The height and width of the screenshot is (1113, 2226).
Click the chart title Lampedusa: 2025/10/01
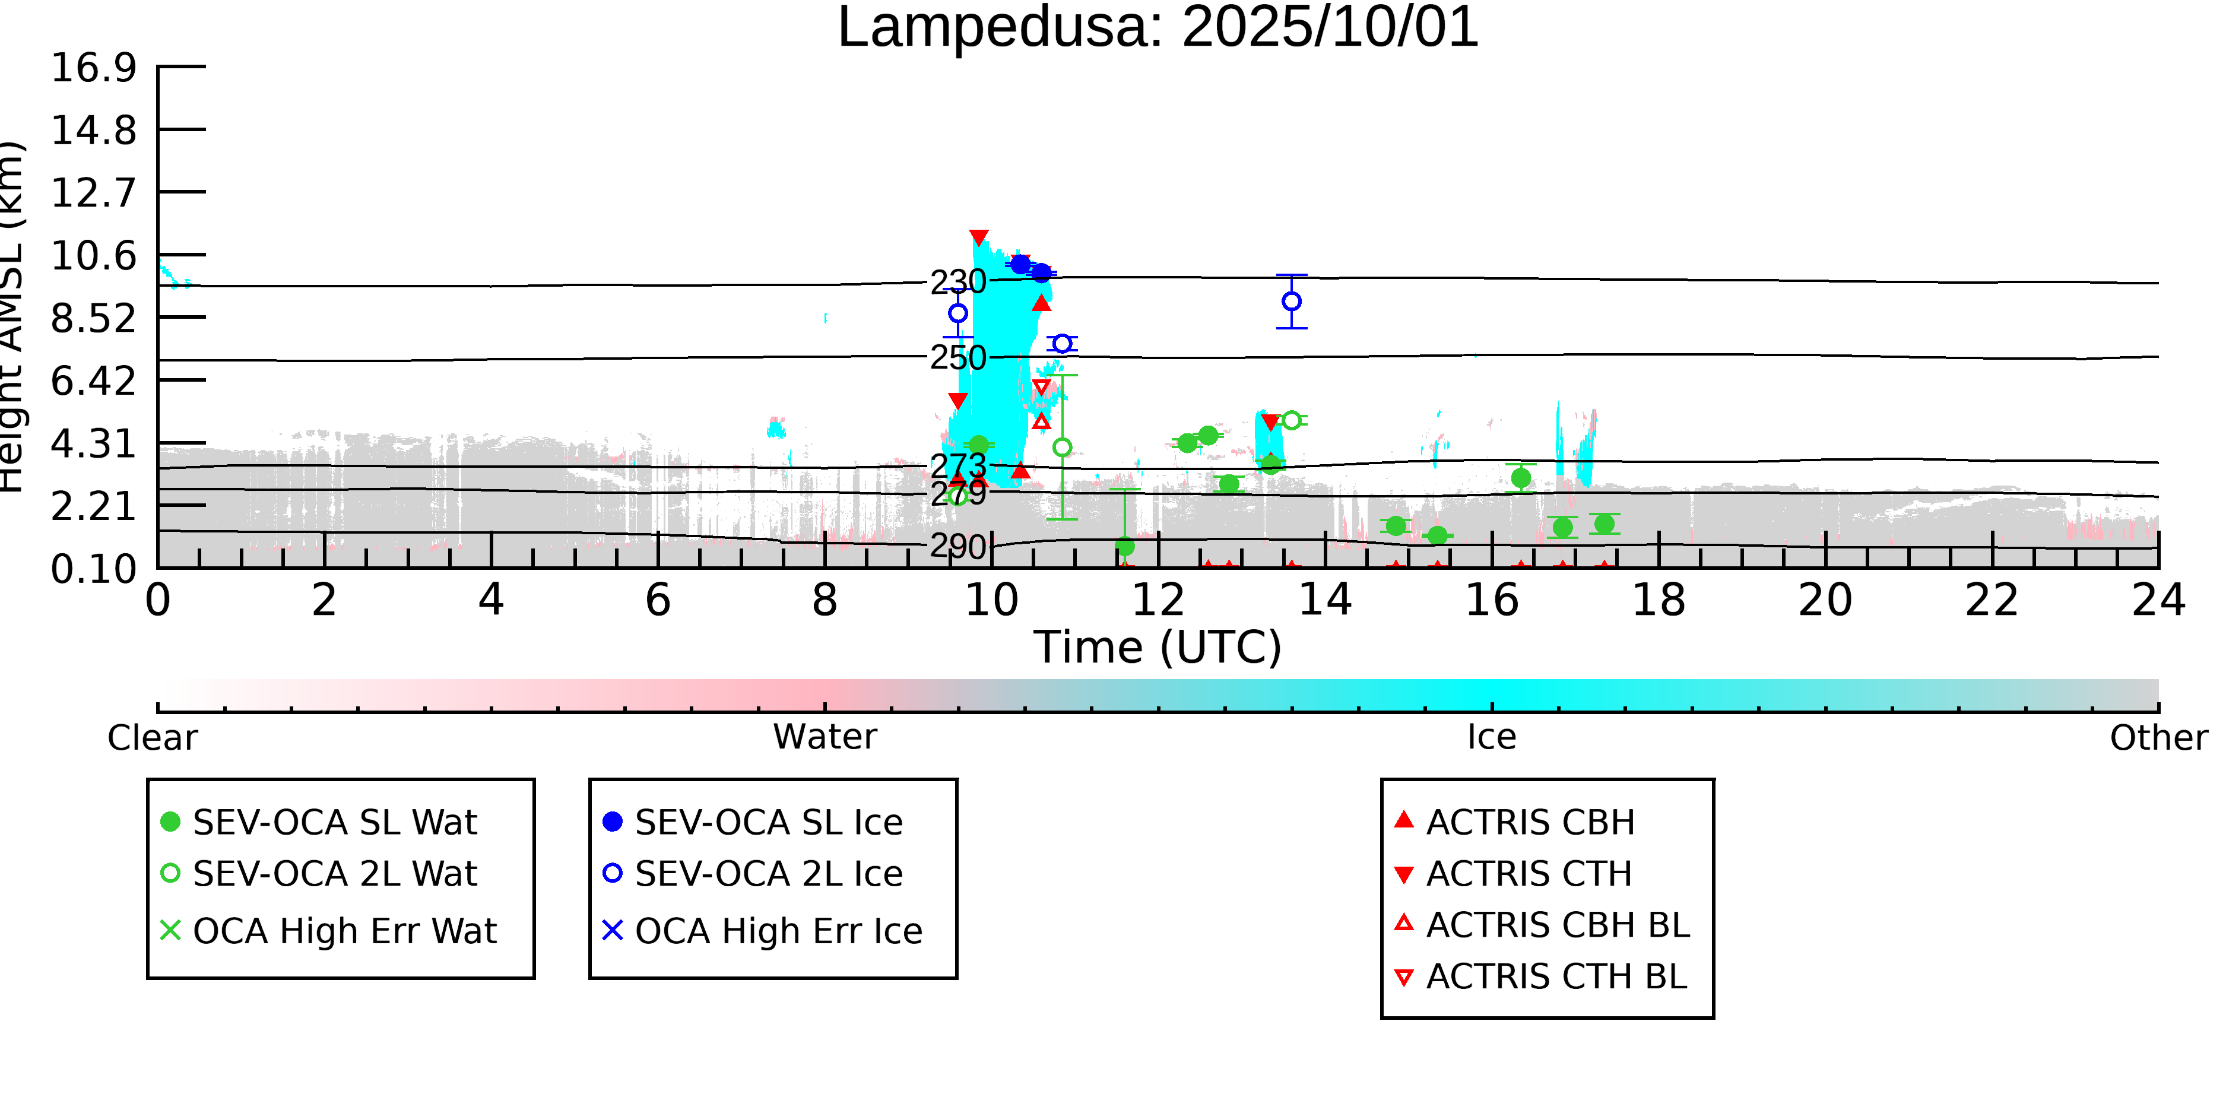click(x=1158, y=28)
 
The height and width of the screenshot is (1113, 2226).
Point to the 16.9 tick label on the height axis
click(x=93, y=68)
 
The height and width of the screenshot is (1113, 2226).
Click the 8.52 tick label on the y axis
click(x=93, y=319)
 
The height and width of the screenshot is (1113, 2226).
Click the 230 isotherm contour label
click(x=957, y=282)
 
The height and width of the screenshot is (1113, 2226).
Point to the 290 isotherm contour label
click(x=957, y=547)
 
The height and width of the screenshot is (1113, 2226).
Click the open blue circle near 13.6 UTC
click(x=1291, y=302)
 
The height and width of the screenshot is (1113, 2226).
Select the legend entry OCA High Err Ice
click(x=778, y=931)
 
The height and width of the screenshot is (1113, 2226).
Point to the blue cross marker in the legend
click(x=612, y=931)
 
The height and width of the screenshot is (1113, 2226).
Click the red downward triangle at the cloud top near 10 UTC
click(x=978, y=237)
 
